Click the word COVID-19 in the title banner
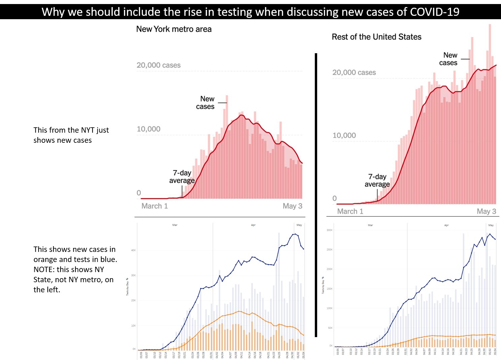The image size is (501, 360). pos(435,12)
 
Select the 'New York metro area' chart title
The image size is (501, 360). pos(174,29)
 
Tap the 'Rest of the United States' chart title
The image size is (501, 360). pos(376,37)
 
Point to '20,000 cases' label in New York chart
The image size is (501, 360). pos(158,65)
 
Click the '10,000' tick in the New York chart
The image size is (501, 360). pos(148,129)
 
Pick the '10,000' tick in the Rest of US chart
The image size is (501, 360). pos(344,135)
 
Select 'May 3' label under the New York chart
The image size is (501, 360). pos(292,206)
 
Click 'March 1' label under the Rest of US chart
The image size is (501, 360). pos(350,211)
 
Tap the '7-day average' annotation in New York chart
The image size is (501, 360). pos(182,177)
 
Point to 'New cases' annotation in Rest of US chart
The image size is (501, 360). pos(448,59)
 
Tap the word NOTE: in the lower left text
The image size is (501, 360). pos(44,269)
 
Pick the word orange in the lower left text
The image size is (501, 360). pos(45,259)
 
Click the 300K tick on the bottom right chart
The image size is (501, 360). pos(329,230)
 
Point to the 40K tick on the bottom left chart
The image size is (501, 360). pos(133,250)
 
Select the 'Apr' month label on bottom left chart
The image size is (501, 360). pos(253,225)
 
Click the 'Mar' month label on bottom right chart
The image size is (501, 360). pos(370,225)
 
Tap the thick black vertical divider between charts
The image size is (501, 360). pos(316,195)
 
